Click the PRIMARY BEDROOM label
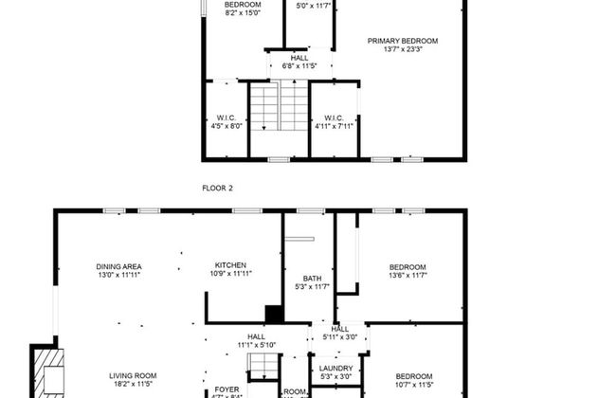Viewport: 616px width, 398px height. (403, 41)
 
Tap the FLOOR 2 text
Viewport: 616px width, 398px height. (217, 189)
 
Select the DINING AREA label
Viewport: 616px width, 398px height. (118, 266)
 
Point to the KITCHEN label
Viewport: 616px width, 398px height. (230, 265)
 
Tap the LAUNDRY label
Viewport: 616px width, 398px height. (335, 369)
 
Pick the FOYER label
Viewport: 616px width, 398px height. (226, 389)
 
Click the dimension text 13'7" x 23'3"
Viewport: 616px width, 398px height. (403, 50)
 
